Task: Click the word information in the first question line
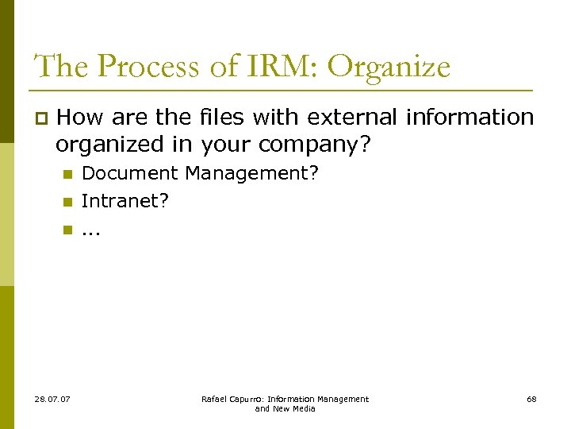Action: pyautogui.click(x=469, y=118)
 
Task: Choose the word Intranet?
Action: pyautogui.click(x=125, y=201)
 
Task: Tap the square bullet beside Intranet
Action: pyautogui.click(x=68, y=202)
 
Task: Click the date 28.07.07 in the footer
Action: pyautogui.click(x=52, y=399)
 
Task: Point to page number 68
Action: pyautogui.click(x=531, y=399)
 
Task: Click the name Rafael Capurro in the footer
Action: pyautogui.click(x=232, y=399)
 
